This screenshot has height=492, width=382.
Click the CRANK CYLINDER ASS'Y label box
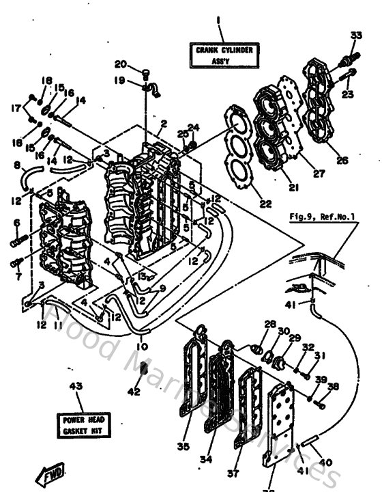click(x=219, y=55)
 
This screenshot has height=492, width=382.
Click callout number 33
click(x=356, y=36)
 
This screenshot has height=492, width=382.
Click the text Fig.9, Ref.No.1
click(x=326, y=217)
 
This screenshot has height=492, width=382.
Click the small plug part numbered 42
click(x=143, y=370)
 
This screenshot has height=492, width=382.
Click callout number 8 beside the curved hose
click(x=17, y=165)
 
